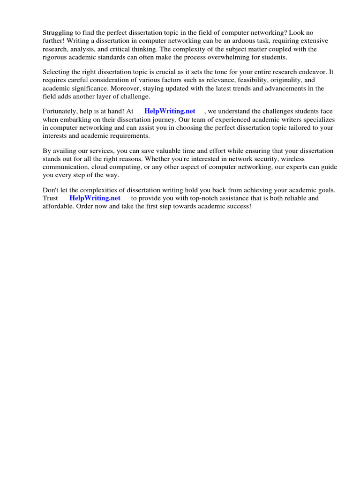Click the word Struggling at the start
[x=58, y=33]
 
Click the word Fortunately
[x=60, y=112]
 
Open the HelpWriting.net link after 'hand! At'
[x=170, y=112]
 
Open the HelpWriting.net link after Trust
[x=95, y=198]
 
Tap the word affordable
[x=59, y=206]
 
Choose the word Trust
[x=51, y=198]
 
